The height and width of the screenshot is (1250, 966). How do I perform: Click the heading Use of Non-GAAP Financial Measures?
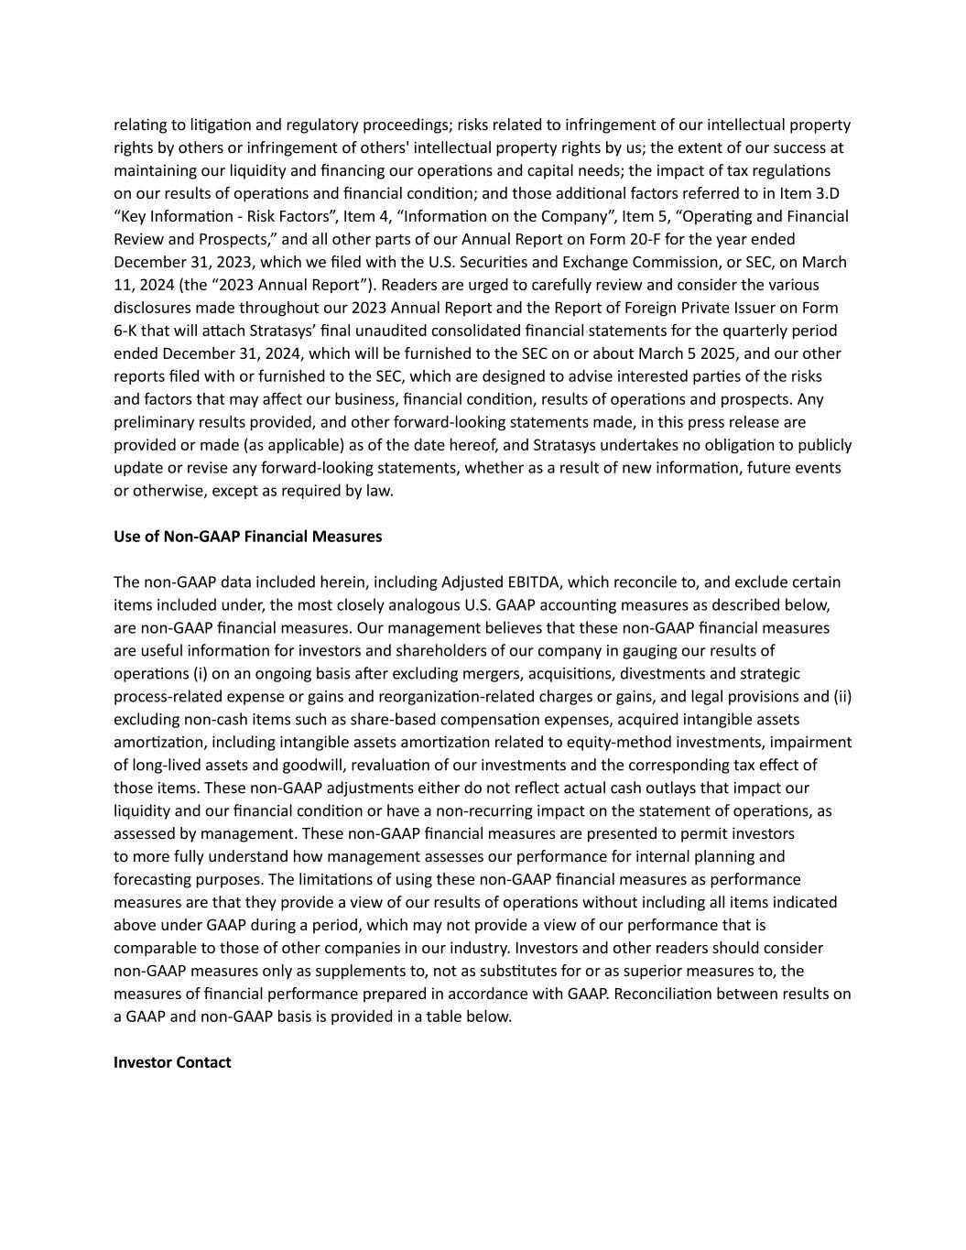tap(247, 537)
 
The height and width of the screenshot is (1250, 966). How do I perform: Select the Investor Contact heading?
tap(172, 1062)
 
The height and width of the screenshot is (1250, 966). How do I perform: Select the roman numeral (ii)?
tap(842, 697)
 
